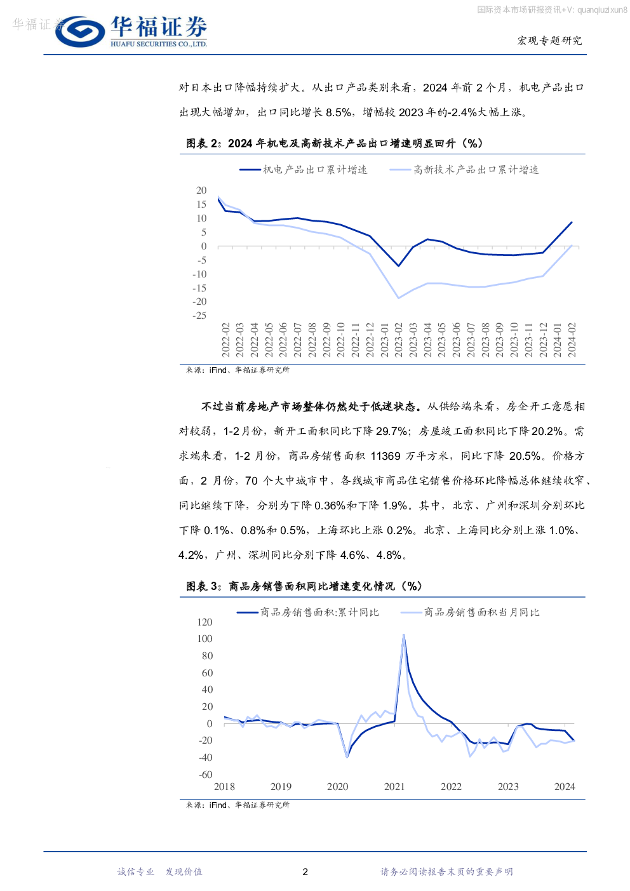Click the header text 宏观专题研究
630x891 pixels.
point(549,41)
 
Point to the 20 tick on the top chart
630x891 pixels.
point(201,191)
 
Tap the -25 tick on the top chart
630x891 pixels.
point(199,315)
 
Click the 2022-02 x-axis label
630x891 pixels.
point(225,339)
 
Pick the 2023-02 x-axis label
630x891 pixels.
point(399,339)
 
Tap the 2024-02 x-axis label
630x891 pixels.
point(572,339)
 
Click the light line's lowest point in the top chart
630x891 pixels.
point(399,298)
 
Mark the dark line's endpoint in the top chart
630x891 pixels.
point(572,222)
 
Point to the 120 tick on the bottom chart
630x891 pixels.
point(204,622)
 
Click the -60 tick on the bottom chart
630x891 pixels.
point(205,775)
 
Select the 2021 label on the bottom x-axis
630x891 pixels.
point(394,787)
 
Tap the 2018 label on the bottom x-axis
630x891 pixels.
point(224,787)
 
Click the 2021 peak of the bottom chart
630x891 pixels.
point(403,634)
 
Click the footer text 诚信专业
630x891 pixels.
point(136,872)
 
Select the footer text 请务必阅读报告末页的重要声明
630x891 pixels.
point(446,872)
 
